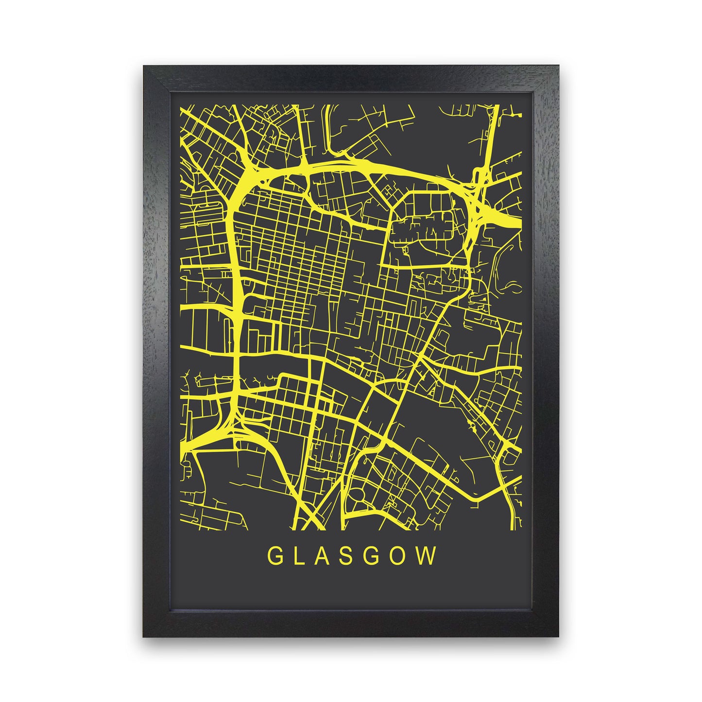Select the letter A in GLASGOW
point(325,557)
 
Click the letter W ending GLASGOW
point(428,557)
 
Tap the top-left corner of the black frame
point(144,66)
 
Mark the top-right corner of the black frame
point(558,66)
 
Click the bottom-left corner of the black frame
point(144,636)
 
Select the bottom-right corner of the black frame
point(558,636)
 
